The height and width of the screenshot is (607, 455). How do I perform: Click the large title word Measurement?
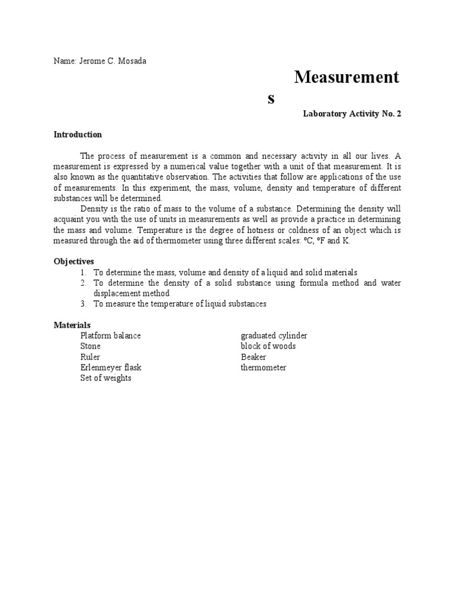point(347,78)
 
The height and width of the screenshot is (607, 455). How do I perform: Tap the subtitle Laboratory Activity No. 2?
point(352,113)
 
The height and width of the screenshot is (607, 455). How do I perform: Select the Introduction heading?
point(78,135)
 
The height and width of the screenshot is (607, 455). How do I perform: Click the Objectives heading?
point(74,261)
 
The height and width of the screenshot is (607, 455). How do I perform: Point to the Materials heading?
point(72,325)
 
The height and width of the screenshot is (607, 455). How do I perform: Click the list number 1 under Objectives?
point(84,272)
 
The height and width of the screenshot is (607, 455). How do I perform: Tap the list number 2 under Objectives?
point(84,283)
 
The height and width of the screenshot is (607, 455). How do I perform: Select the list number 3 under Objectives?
point(84,304)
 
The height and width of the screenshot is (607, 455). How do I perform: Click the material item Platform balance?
point(111,336)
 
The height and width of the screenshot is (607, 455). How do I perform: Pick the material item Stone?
point(91,346)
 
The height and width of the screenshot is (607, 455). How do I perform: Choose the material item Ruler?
point(91,357)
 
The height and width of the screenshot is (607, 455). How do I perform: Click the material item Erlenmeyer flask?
point(111,368)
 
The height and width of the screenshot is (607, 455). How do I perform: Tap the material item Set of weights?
point(106,378)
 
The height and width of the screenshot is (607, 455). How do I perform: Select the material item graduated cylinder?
point(274,336)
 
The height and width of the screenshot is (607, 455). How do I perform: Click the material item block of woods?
point(268,346)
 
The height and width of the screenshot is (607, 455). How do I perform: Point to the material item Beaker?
point(254,357)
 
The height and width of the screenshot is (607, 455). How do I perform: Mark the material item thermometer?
point(264,368)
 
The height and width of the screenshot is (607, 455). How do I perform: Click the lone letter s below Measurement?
point(271,99)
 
